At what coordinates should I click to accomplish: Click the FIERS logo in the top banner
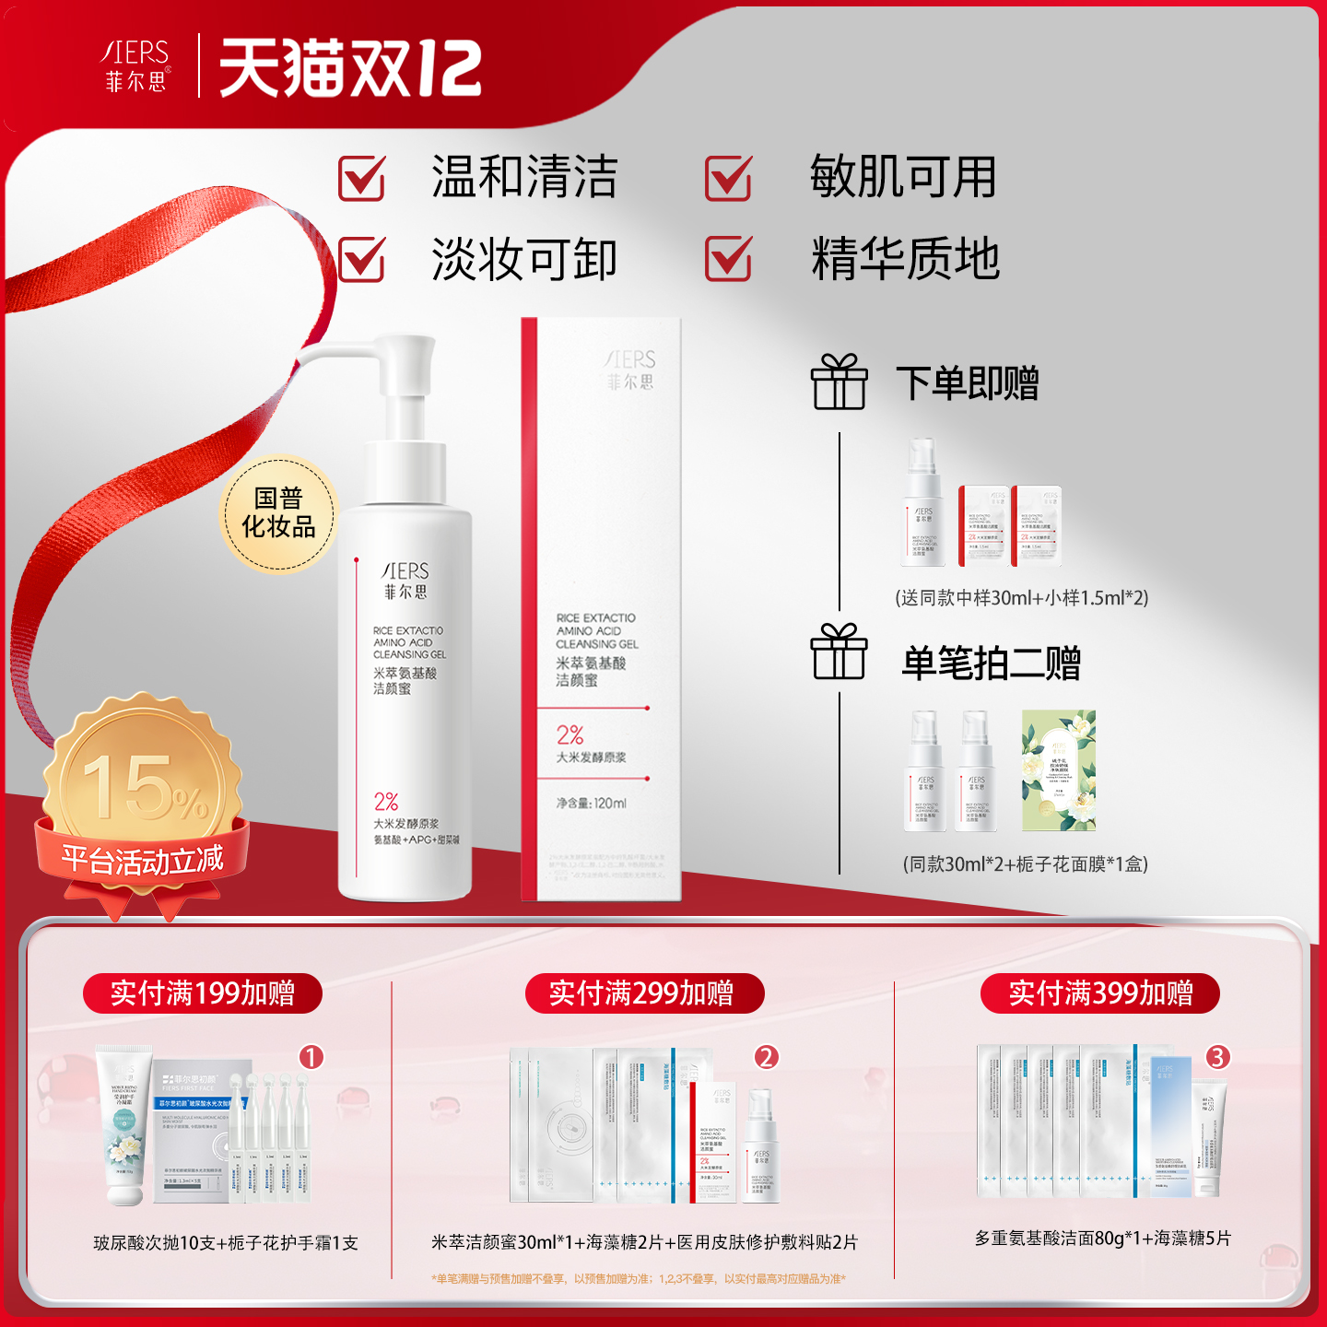pos(135,65)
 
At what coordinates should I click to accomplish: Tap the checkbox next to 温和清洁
pos(361,178)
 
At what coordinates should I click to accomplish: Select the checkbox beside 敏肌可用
pos(728,178)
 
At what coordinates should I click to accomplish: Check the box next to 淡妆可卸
pos(361,259)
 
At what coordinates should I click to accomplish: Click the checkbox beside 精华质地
pos(728,259)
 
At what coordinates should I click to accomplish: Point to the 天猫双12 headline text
pos(350,68)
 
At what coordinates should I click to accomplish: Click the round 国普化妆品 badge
pos(278,513)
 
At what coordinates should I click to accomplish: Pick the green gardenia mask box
pos(1058,770)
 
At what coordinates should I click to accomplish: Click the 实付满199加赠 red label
pos(203,993)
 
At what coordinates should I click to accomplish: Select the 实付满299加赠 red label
pos(644,993)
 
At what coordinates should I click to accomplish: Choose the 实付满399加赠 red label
pos(1099,993)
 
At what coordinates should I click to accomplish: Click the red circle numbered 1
pos(311,1057)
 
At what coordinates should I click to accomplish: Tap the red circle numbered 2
pos(767,1057)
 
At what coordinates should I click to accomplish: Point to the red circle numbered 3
pos(1217,1057)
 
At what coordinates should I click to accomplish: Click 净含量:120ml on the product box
pos(591,804)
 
